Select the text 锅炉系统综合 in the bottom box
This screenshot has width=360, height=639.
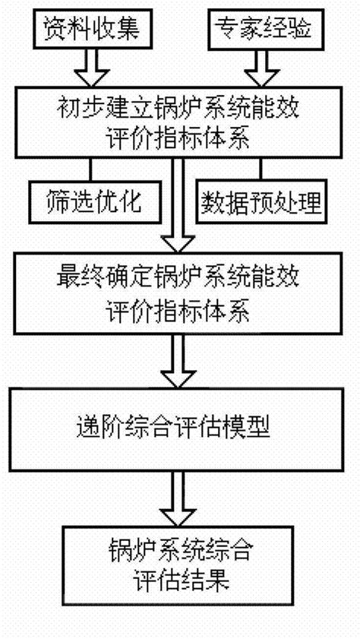179,555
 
